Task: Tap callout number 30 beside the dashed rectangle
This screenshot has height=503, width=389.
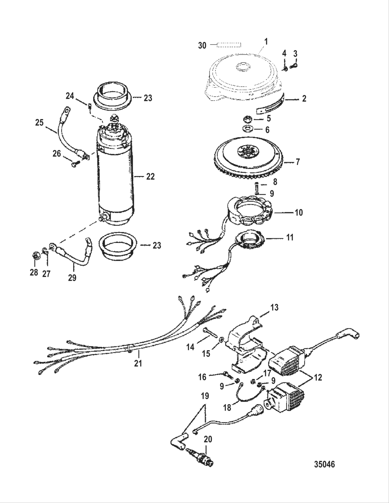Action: click(x=202, y=45)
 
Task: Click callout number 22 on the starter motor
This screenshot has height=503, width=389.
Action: click(x=150, y=177)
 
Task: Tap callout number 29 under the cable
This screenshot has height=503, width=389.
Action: click(x=72, y=278)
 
